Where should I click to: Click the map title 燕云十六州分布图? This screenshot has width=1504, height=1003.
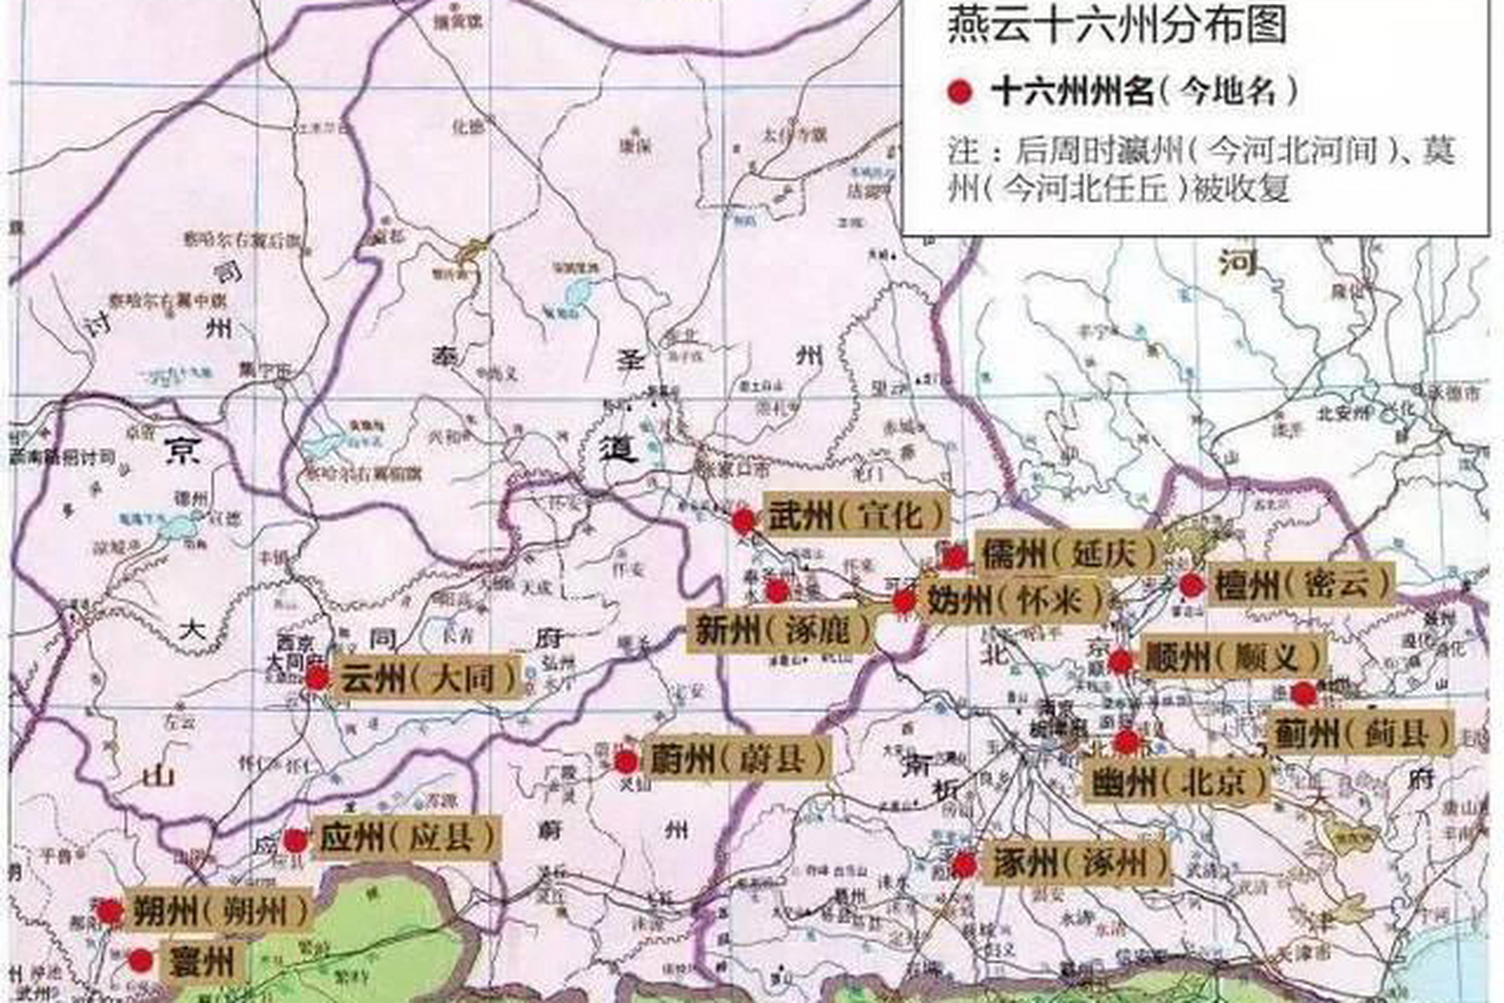[1118, 25]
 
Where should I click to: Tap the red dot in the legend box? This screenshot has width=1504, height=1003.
[959, 92]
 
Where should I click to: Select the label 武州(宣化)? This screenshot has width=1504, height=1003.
[856, 516]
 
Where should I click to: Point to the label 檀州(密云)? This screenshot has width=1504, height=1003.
[1302, 585]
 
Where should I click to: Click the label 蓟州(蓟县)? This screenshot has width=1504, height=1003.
[1361, 733]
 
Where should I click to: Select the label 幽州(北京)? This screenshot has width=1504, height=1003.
[1176, 780]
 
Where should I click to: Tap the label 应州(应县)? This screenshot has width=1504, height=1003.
[406, 838]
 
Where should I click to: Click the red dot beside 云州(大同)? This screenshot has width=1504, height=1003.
[317, 679]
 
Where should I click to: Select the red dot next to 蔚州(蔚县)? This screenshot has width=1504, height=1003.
[625, 761]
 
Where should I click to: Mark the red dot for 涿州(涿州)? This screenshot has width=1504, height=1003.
[963, 865]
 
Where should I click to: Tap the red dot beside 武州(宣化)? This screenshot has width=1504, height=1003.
[743, 520]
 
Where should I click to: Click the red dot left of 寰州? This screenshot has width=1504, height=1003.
[140, 961]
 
